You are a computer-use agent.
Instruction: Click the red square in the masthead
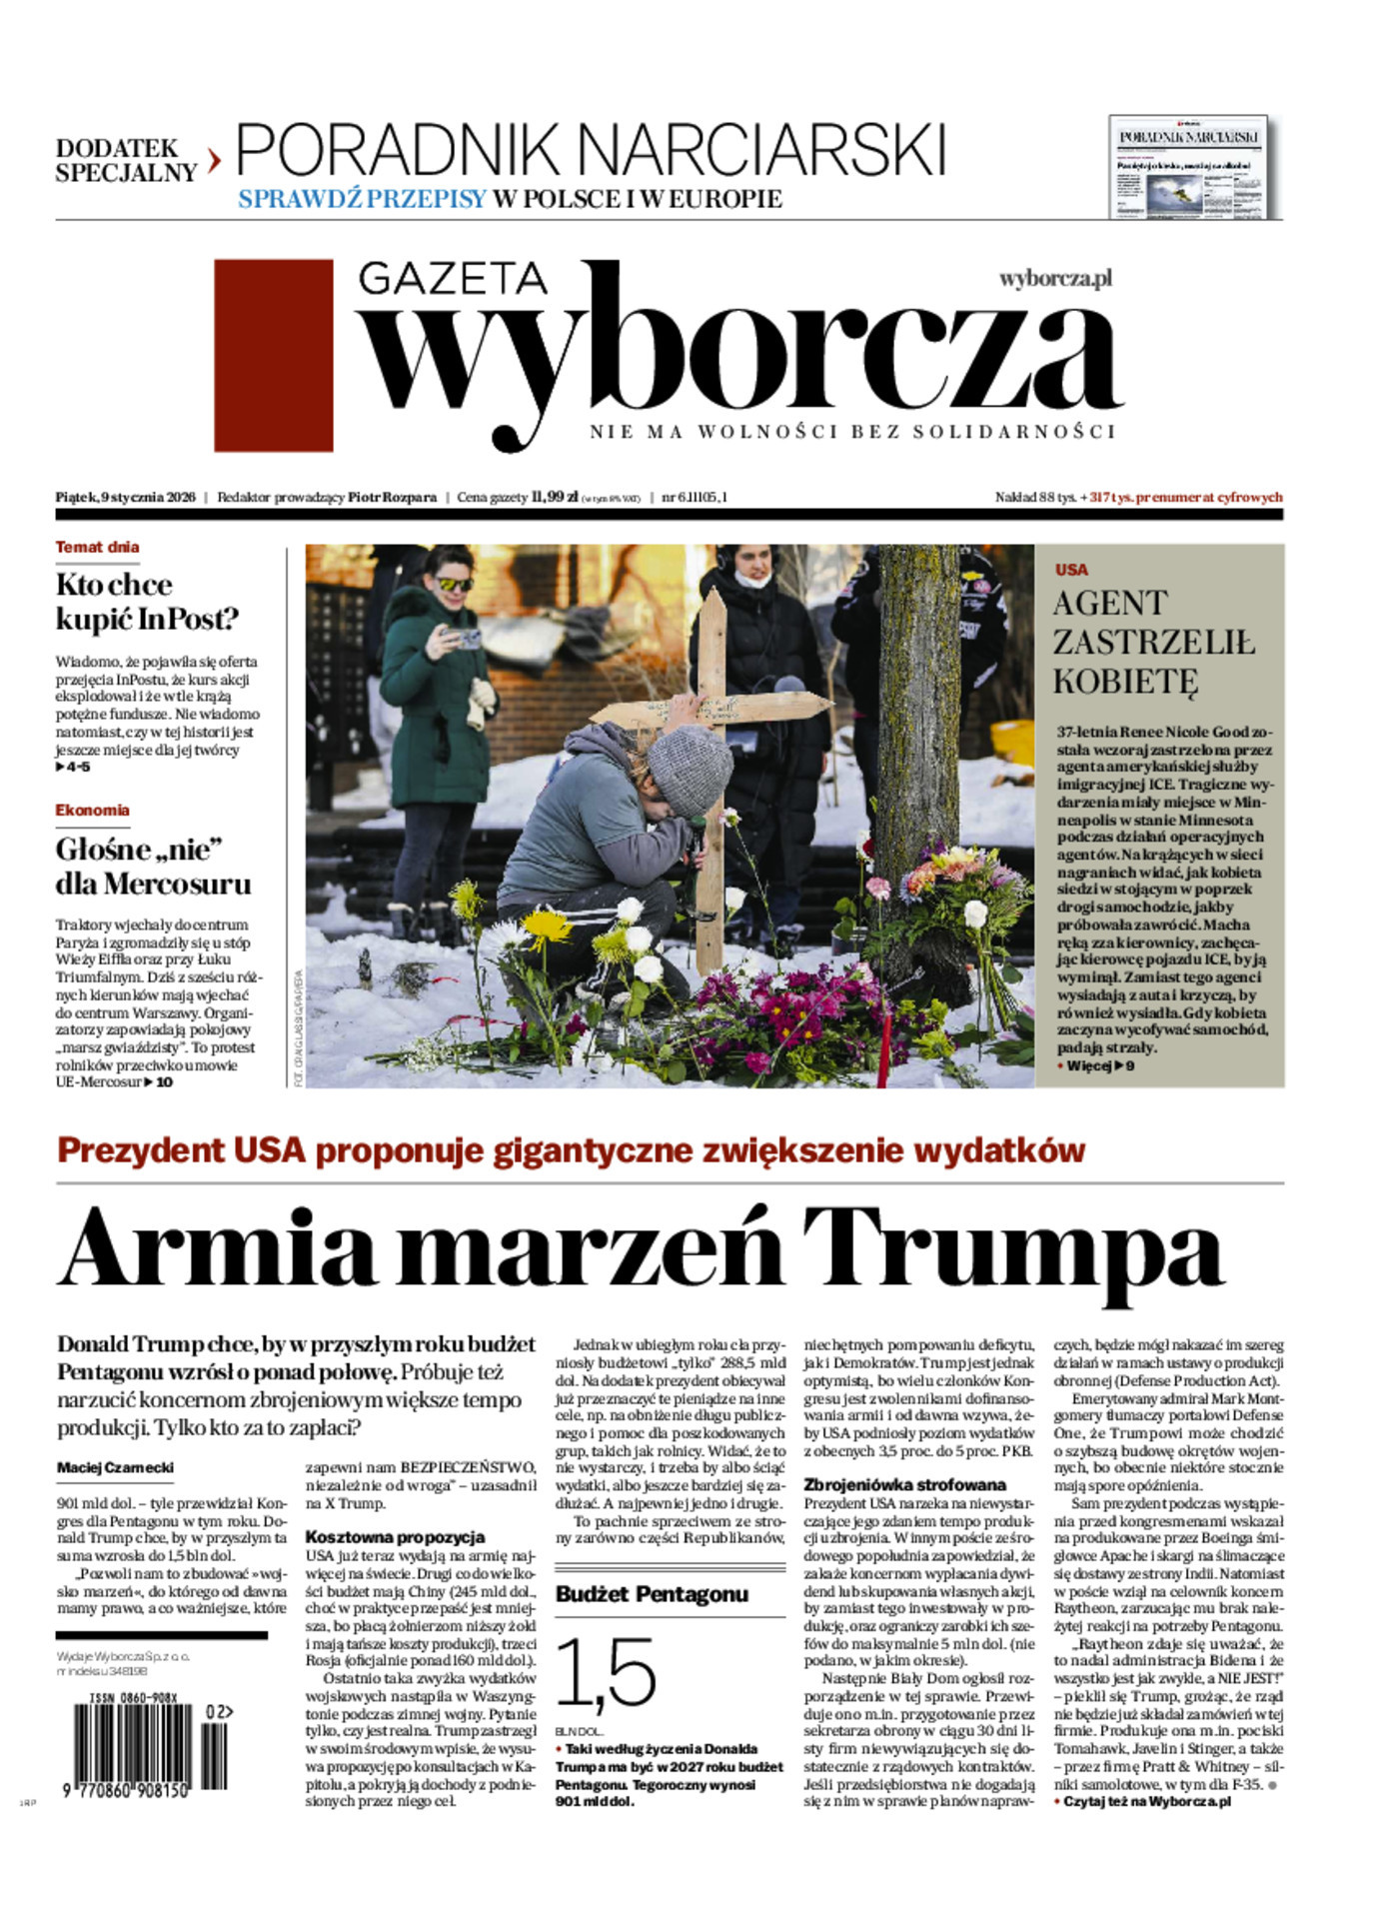click(x=273, y=355)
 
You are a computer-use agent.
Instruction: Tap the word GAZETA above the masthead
click(x=453, y=278)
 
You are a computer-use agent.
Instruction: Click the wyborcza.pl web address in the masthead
click(x=1055, y=279)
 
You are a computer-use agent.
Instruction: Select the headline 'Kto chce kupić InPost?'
click(x=147, y=602)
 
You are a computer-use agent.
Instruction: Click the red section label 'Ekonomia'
click(x=92, y=811)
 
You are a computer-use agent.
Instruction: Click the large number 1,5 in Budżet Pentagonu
click(x=605, y=1673)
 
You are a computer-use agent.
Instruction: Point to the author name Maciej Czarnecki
click(x=115, y=1467)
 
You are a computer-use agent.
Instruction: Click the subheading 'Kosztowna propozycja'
click(x=395, y=1537)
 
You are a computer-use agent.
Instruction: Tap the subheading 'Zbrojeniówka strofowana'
click(x=904, y=1484)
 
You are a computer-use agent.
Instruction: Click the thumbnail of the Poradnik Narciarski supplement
click(x=1187, y=167)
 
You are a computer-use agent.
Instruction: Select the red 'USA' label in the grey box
click(x=1071, y=570)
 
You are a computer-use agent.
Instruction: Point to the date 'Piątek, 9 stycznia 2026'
click(x=125, y=497)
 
